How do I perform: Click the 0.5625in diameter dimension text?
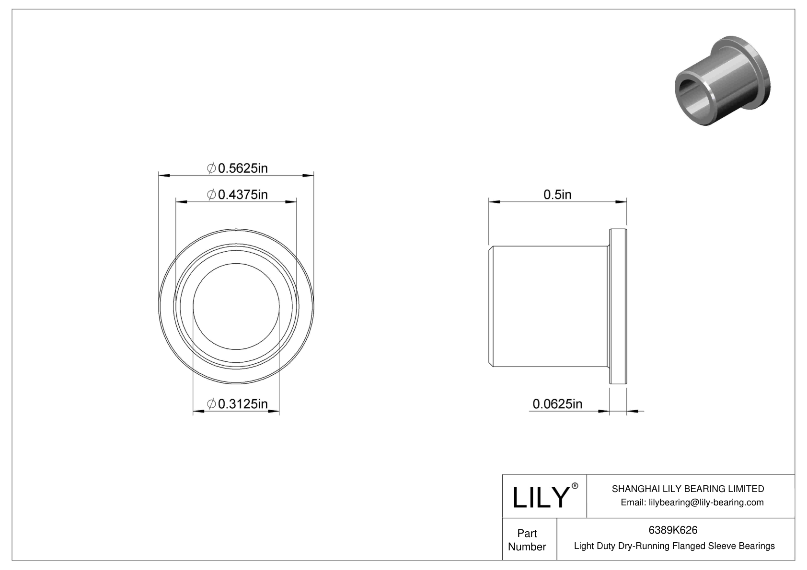[242, 168]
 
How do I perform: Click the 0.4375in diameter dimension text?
[242, 194]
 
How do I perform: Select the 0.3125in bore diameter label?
[242, 404]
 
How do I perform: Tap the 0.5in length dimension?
[557, 194]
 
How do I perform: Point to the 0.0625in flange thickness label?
[557, 404]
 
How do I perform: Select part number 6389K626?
[673, 530]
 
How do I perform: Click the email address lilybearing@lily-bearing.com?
[692, 502]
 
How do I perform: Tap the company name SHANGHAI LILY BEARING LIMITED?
[688, 489]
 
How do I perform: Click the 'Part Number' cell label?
[527, 540]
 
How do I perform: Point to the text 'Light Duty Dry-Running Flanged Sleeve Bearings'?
[674, 546]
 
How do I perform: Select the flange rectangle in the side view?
[618, 306]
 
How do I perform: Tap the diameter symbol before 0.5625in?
[211, 168]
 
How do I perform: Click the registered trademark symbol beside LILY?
[575, 486]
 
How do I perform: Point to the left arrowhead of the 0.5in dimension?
[494, 202]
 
